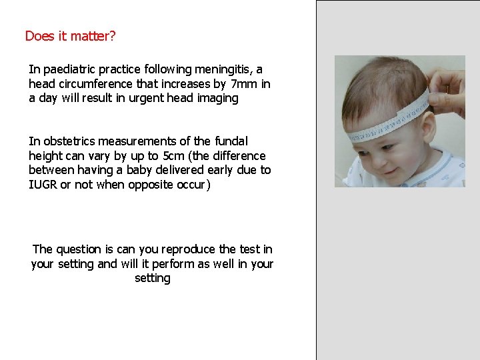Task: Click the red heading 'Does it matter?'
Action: (x=70, y=36)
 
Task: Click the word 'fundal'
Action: (x=231, y=141)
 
